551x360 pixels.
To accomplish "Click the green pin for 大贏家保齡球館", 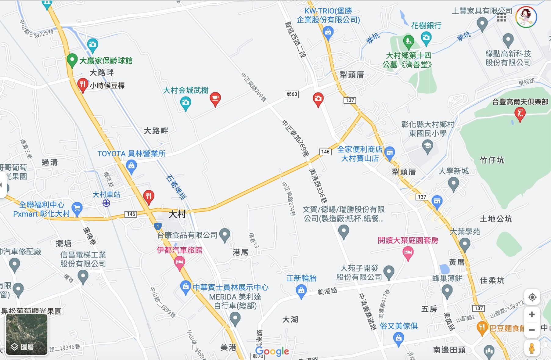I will [72, 60].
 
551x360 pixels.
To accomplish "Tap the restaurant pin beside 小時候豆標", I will [82, 85].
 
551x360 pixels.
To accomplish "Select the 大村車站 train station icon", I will [106, 203].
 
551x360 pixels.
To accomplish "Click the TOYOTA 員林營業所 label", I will [131, 154].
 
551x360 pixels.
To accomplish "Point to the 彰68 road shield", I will [292, 94].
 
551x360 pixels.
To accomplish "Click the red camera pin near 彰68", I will [318, 99].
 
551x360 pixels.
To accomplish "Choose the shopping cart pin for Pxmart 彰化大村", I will [77, 209].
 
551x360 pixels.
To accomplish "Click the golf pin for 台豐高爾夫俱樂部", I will [520, 114].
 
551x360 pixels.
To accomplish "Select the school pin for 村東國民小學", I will [427, 146].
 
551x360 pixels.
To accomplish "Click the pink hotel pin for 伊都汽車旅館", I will [179, 262].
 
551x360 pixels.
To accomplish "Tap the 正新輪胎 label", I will [301, 278].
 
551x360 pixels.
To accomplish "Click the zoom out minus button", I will [532, 330].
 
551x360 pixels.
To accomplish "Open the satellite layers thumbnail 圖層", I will [27, 334].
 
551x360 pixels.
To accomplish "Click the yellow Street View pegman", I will [532, 348].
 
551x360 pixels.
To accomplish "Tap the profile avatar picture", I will [526, 17].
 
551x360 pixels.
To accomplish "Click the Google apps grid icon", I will [501, 17].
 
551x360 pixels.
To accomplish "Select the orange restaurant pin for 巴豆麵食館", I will [482, 328].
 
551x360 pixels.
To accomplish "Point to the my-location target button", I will [532, 297].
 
